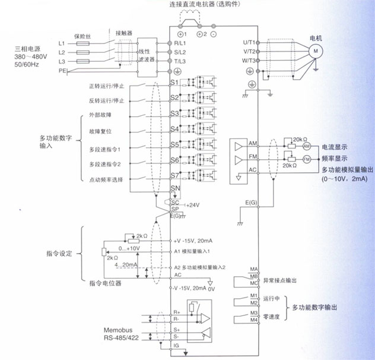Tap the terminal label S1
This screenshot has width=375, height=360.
(x=174, y=82)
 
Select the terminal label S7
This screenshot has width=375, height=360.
(x=174, y=176)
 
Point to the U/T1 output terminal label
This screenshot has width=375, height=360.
(x=249, y=43)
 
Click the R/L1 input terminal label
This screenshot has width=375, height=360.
(x=180, y=43)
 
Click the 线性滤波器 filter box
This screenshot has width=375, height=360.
(x=146, y=52)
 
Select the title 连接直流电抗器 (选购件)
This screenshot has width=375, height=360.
(x=207, y=5)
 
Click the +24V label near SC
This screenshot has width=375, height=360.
(x=193, y=204)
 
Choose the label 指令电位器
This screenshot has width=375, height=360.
(x=105, y=284)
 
